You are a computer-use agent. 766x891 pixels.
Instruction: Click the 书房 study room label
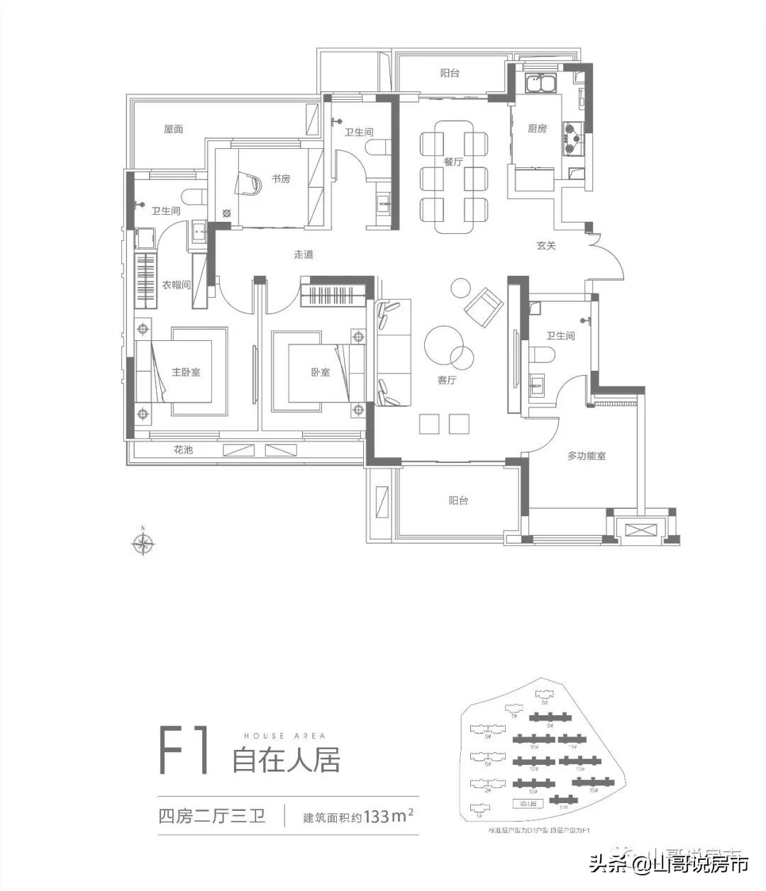pyautogui.click(x=281, y=179)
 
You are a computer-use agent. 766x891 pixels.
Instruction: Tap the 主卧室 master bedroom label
pyautogui.click(x=186, y=371)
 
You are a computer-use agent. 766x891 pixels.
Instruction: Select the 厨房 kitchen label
pyautogui.click(x=537, y=129)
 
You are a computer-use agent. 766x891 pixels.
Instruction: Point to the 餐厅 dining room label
pyautogui.click(x=453, y=162)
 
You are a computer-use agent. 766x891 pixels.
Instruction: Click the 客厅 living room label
pyautogui.click(x=446, y=381)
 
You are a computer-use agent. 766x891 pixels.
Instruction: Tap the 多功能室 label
pyautogui.click(x=586, y=456)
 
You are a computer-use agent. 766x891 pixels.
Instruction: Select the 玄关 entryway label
pyautogui.click(x=545, y=246)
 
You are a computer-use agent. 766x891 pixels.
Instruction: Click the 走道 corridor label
pyautogui.click(x=304, y=254)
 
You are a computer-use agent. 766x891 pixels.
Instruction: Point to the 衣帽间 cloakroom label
pyautogui.click(x=177, y=285)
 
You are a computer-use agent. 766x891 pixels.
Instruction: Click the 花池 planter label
pyautogui.click(x=183, y=450)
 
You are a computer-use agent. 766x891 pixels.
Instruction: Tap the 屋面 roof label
pyautogui.click(x=174, y=129)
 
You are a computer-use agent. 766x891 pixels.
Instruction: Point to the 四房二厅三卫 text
pyautogui.click(x=212, y=817)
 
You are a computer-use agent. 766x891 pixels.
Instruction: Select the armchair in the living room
pyautogui.click(x=484, y=305)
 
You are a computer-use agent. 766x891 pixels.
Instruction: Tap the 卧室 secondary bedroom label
pyautogui.click(x=320, y=371)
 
